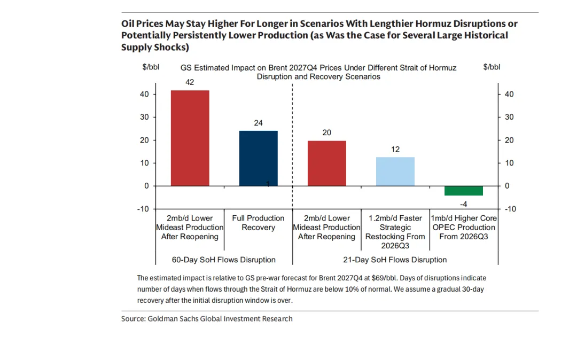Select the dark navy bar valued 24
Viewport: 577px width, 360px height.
click(258, 158)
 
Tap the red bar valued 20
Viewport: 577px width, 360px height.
click(326, 163)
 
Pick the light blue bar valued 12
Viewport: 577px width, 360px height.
click(395, 171)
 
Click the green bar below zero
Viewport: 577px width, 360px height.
click(463, 191)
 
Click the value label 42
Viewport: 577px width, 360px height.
click(190, 82)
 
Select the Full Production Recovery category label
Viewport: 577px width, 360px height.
click(258, 223)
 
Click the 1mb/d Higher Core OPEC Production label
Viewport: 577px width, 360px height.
click(464, 227)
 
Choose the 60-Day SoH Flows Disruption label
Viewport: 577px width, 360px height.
click(224, 260)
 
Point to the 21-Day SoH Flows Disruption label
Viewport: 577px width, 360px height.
click(395, 260)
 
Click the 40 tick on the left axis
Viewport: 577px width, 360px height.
click(143, 94)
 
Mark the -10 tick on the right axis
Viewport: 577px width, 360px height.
click(510, 209)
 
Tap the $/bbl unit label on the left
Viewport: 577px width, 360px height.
click(151, 67)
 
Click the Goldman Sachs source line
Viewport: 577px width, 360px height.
click(207, 319)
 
